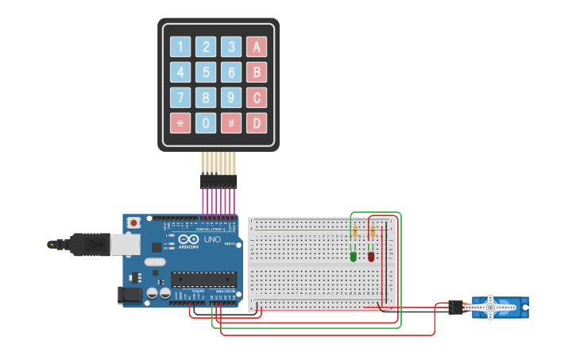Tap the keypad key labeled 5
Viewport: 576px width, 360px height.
click(206, 72)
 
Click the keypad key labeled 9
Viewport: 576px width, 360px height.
click(231, 98)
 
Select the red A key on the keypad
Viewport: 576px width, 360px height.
click(257, 47)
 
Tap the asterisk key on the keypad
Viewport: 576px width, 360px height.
click(180, 123)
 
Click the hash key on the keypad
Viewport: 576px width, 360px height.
click(231, 123)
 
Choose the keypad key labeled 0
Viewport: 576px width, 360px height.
click(206, 123)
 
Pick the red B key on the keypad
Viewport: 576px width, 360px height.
click(257, 72)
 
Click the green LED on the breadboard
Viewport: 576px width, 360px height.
click(354, 256)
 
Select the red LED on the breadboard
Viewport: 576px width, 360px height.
click(371, 256)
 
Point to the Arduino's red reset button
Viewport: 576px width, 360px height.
click(134, 223)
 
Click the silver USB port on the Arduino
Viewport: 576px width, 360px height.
click(123, 245)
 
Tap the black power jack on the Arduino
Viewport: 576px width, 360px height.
click(130, 295)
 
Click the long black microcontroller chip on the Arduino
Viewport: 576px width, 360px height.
click(204, 279)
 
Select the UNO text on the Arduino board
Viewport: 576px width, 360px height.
click(212, 239)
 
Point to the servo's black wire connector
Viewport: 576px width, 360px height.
click(455, 307)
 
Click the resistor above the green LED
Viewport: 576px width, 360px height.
click(354, 232)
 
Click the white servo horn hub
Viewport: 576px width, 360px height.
click(490, 307)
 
